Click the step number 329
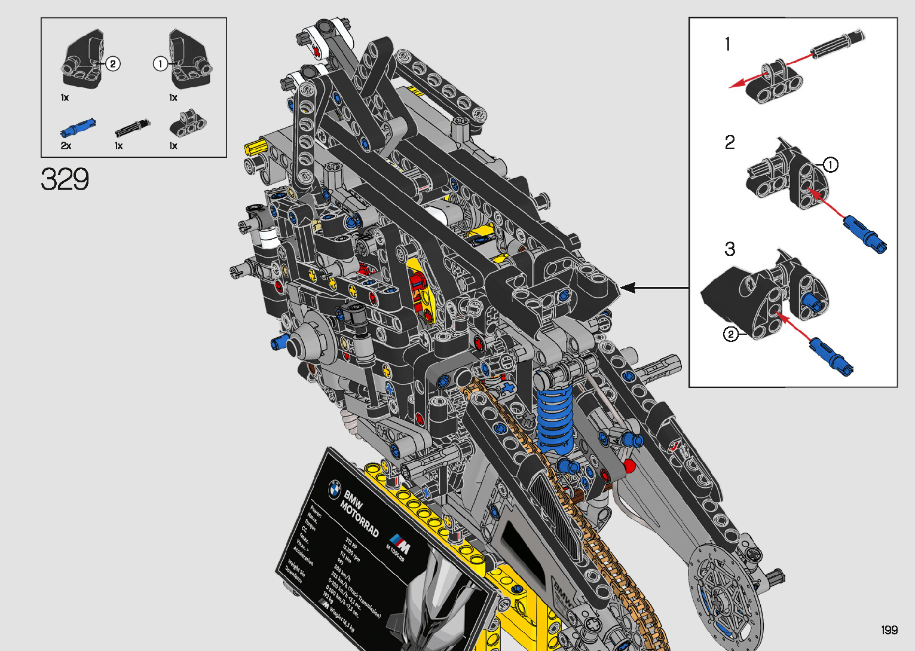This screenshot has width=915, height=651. pos(65,179)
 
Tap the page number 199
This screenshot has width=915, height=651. pos(889,630)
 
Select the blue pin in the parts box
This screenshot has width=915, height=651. pos(78,127)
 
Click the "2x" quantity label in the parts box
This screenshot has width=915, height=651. pos(66,146)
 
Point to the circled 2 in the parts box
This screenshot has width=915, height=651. pos(113,63)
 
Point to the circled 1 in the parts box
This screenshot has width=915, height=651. pos(160,63)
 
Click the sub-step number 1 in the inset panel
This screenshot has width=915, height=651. pos(727,44)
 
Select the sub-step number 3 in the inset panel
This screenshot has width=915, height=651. pos(730,249)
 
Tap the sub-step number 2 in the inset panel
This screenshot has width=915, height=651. pos(730,142)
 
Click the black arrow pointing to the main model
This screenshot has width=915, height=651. pos(654,288)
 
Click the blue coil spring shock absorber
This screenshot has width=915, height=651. pos(554,415)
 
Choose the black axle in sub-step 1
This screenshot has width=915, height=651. pos(836,43)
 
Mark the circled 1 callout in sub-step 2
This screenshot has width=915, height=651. pos(830,164)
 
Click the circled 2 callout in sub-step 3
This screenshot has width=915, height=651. pos(731,334)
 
